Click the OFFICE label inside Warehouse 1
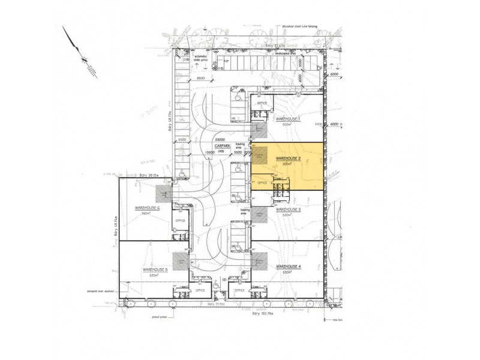point(261,103)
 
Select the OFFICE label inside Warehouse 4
point(238,290)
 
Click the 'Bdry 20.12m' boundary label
point(147,176)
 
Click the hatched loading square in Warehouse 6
point(163,193)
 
